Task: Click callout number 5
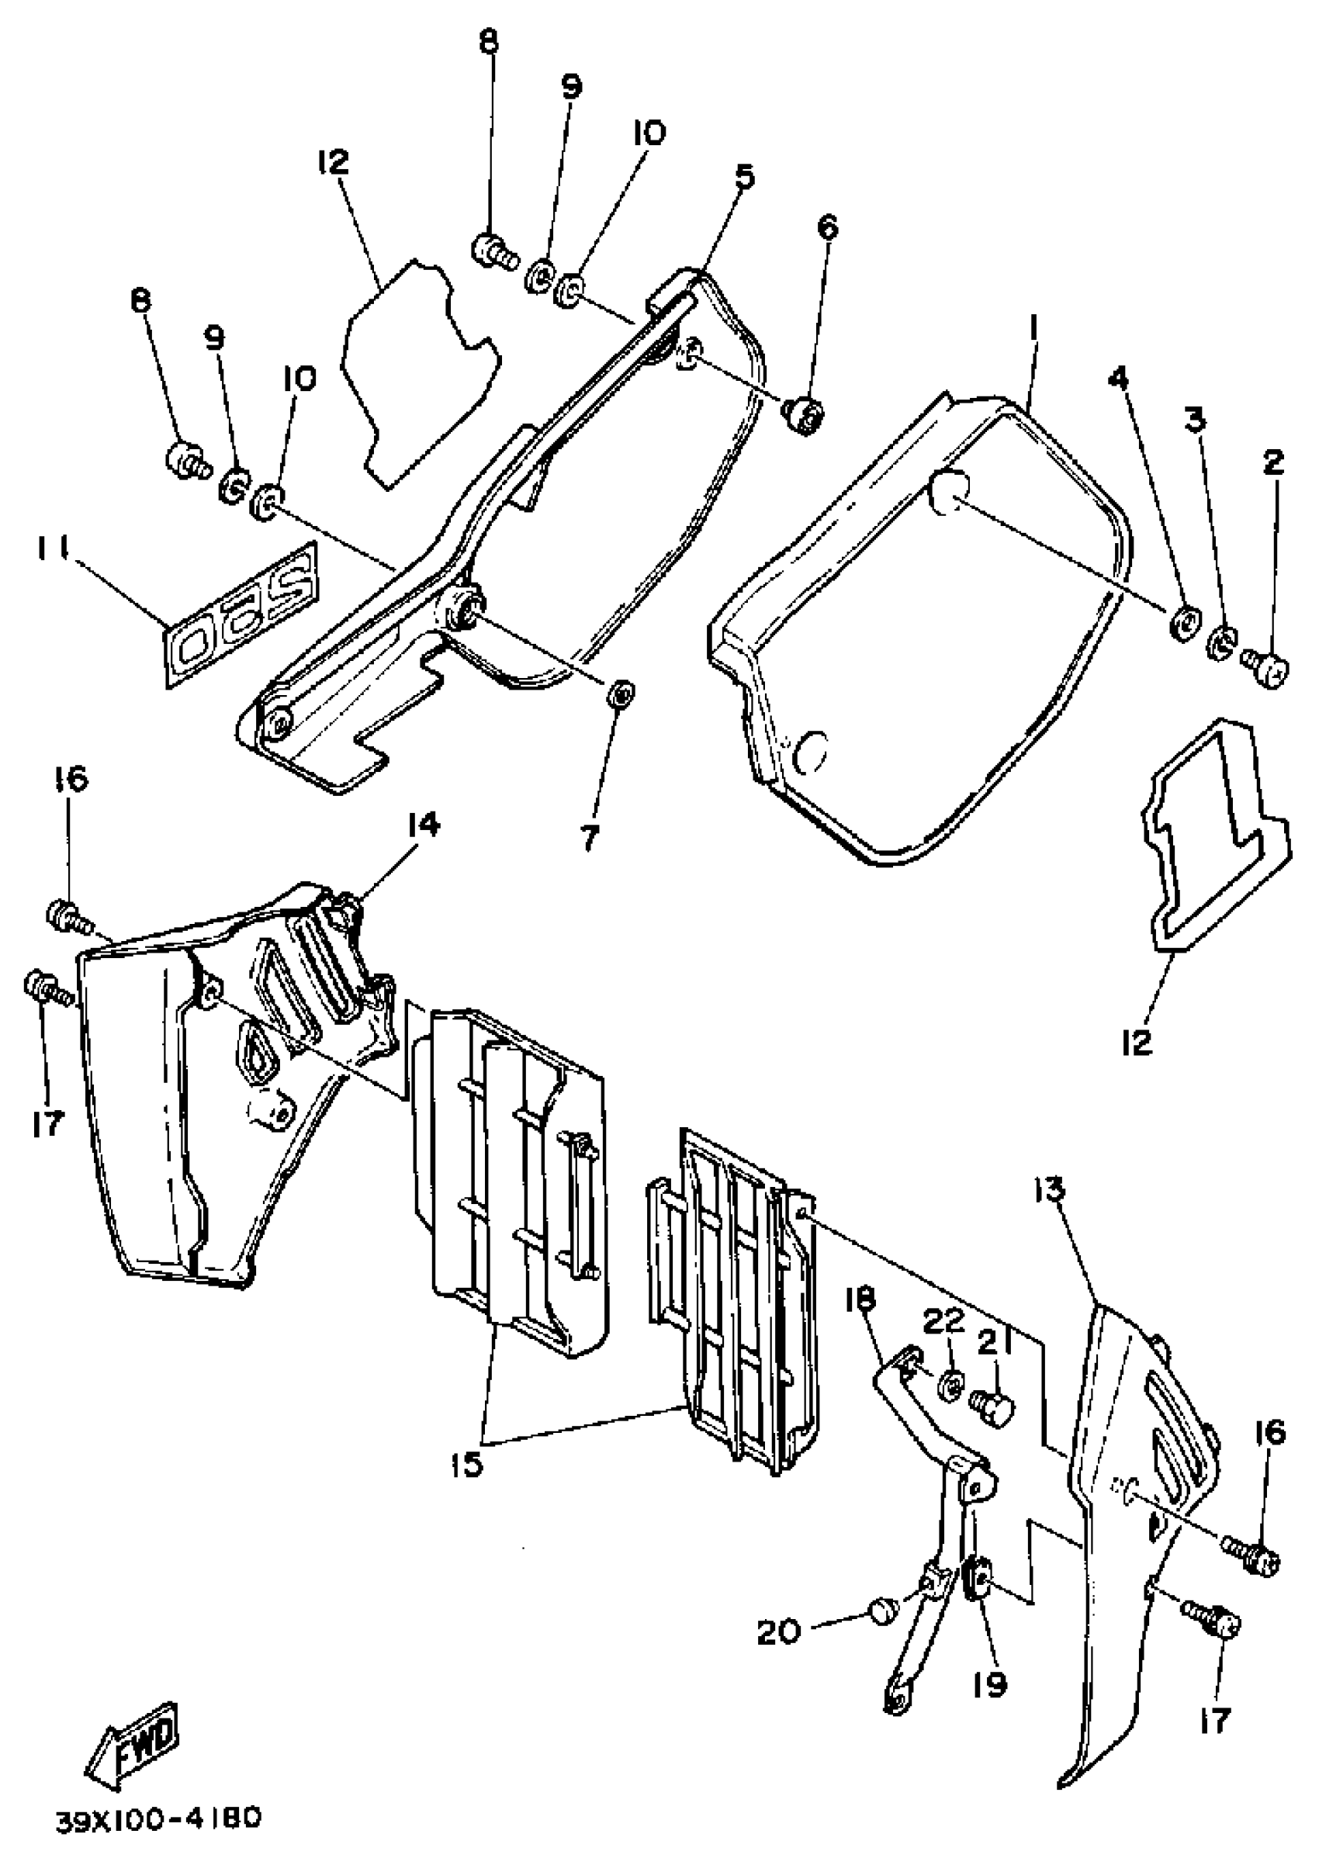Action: coord(745,176)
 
